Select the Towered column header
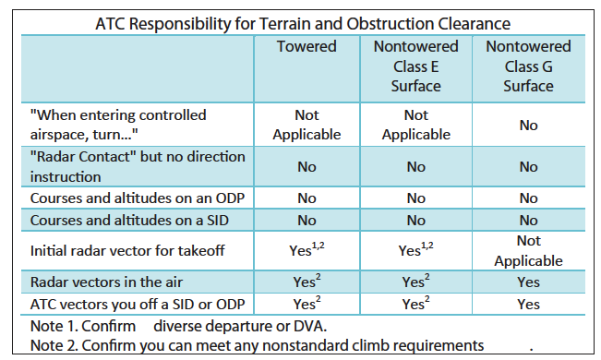tap(306, 46)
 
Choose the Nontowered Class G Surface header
tap(528, 66)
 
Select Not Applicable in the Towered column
tap(306, 125)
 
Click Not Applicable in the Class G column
tap(528, 250)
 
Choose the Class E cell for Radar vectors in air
tap(417, 282)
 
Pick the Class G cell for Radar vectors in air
tap(528, 282)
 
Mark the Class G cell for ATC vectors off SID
tap(528, 303)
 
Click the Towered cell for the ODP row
tap(306, 197)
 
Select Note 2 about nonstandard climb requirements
tap(259, 344)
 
